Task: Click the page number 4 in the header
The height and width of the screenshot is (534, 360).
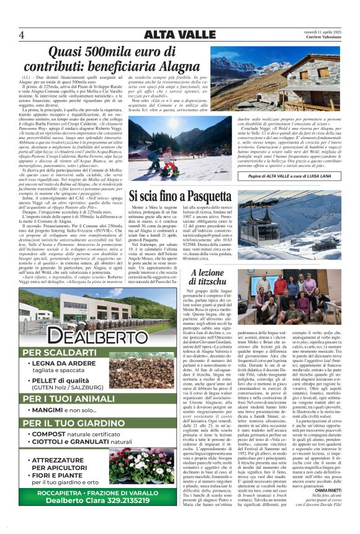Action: [22, 34]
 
